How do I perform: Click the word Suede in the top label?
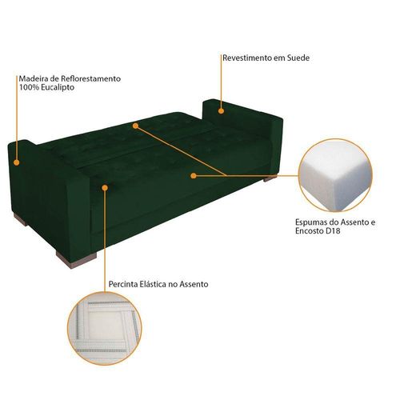298,58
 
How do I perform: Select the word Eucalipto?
58,87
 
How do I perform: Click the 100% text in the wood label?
29,87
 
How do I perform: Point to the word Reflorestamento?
90,78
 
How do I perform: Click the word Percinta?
123,284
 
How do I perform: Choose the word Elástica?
153,284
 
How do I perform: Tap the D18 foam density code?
333,230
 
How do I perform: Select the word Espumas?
310,222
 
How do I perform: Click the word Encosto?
310,230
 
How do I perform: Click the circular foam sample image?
335,175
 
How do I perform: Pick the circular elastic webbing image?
104,328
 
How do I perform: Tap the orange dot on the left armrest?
17,162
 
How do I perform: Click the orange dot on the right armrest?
221,111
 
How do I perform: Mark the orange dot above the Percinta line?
105,188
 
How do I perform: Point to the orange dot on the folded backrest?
135,126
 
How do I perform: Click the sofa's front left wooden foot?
76,260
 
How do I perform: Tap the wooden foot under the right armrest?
270,178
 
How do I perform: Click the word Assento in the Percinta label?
194,284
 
